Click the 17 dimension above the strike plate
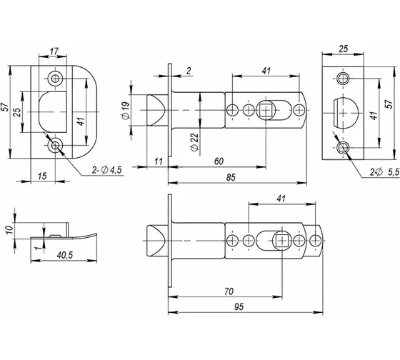click(54, 51)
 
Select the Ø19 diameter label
click(126, 110)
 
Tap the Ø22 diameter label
click(194, 142)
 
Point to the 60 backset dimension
click(219, 161)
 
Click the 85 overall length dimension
click(231, 177)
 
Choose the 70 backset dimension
click(229, 291)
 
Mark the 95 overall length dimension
click(239, 306)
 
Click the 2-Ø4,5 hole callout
click(107, 170)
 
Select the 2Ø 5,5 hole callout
click(385, 172)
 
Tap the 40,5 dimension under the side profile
click(65, 255)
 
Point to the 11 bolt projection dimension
click(159, 161)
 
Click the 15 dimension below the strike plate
click(42, 176)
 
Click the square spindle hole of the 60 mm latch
click(266, 110)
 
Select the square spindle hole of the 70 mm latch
click(282, 241)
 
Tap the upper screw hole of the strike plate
click(55, 78)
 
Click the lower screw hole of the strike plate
click(55, 146)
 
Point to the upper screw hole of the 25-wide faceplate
click(343, 78)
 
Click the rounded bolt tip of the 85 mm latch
click(156, 110)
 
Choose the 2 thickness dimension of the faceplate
click(189, 71)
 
